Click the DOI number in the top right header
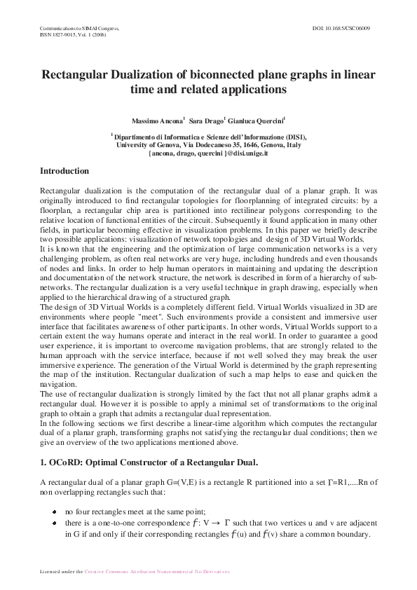click(341, 27)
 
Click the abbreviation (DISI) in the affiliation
click(293, 137)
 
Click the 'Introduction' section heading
click(64, 171)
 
